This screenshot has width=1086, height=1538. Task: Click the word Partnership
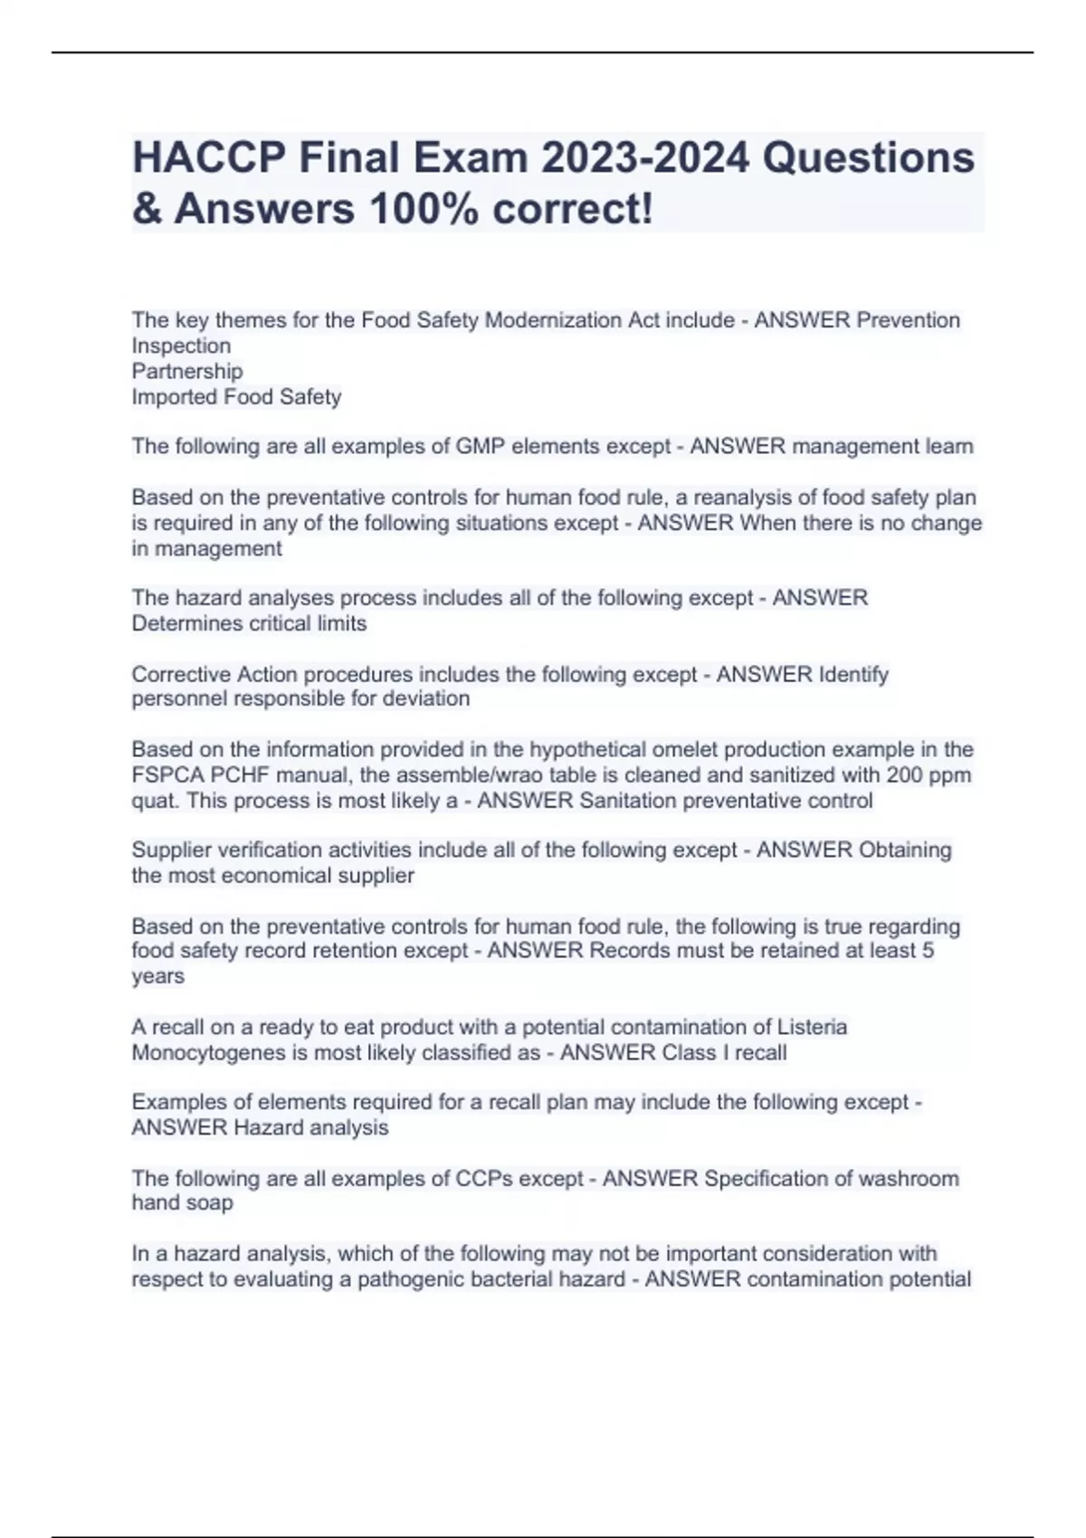point(187,371)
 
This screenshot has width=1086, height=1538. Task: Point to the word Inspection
point(181,346)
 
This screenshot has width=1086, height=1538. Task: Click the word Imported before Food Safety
point(174,396)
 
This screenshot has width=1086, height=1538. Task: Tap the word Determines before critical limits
point(186,623)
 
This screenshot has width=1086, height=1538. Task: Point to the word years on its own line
point(157,976)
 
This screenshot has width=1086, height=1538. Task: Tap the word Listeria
point(813,1027)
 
